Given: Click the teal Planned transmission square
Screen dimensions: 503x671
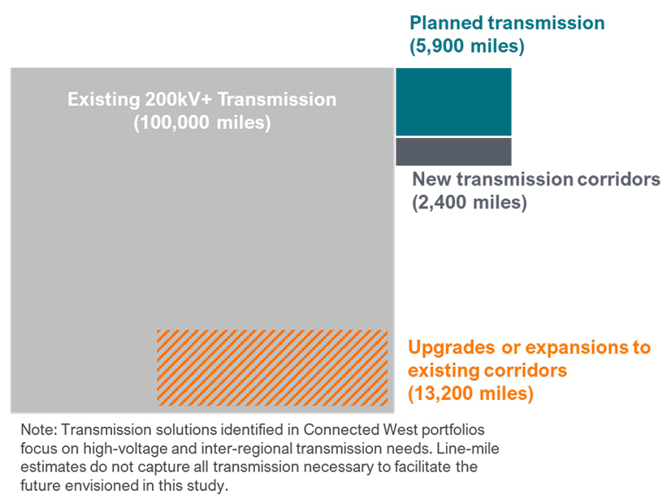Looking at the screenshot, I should (453, 101).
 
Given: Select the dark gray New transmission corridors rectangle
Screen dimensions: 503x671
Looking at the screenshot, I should (453, 152).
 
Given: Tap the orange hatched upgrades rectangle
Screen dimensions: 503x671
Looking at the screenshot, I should (272, 368).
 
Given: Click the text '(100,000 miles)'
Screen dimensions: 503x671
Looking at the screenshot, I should (201, 124).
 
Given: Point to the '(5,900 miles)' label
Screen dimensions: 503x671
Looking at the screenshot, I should (467, 46).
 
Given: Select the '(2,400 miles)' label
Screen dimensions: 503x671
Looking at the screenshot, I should (470, 203).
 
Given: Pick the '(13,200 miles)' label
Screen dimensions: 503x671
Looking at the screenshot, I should (470, 394).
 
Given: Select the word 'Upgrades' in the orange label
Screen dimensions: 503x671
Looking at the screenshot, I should (452, 348).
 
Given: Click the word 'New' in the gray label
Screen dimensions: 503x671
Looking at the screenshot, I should (432, 179).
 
